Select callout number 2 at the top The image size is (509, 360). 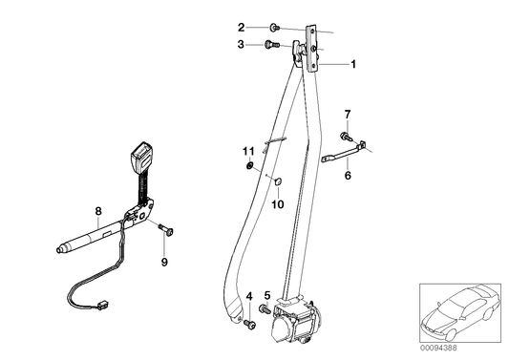[x=242, y=27]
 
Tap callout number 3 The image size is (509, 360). [x=242, y=44]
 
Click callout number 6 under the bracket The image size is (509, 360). [x=348, y=175]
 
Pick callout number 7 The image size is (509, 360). [x=347, y=115]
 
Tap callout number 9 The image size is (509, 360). [x=164, y=262]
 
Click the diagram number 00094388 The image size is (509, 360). [x=460, y=348]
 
